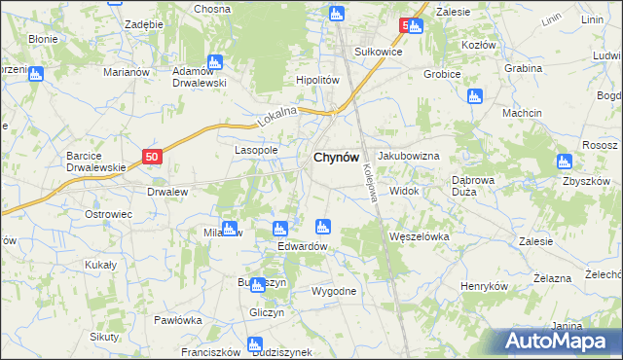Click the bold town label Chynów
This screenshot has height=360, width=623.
(336, 158)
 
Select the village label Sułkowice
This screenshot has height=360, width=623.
(351, 52)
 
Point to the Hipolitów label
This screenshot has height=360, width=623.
(316, 81)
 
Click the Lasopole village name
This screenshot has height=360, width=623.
(256, 151)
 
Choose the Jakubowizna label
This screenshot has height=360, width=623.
(409, 156)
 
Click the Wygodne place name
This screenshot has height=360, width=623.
(333, 291)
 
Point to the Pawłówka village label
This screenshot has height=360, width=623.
(177, 319)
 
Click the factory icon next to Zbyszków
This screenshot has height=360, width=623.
(564, 162)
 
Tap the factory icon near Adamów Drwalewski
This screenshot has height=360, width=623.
(214, 62)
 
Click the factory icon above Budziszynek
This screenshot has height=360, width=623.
(255, 342)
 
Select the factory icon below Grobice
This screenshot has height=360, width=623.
(474, 95)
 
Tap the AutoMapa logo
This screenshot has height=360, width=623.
(554, 341)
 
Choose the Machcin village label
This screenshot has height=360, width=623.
(522, 114)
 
